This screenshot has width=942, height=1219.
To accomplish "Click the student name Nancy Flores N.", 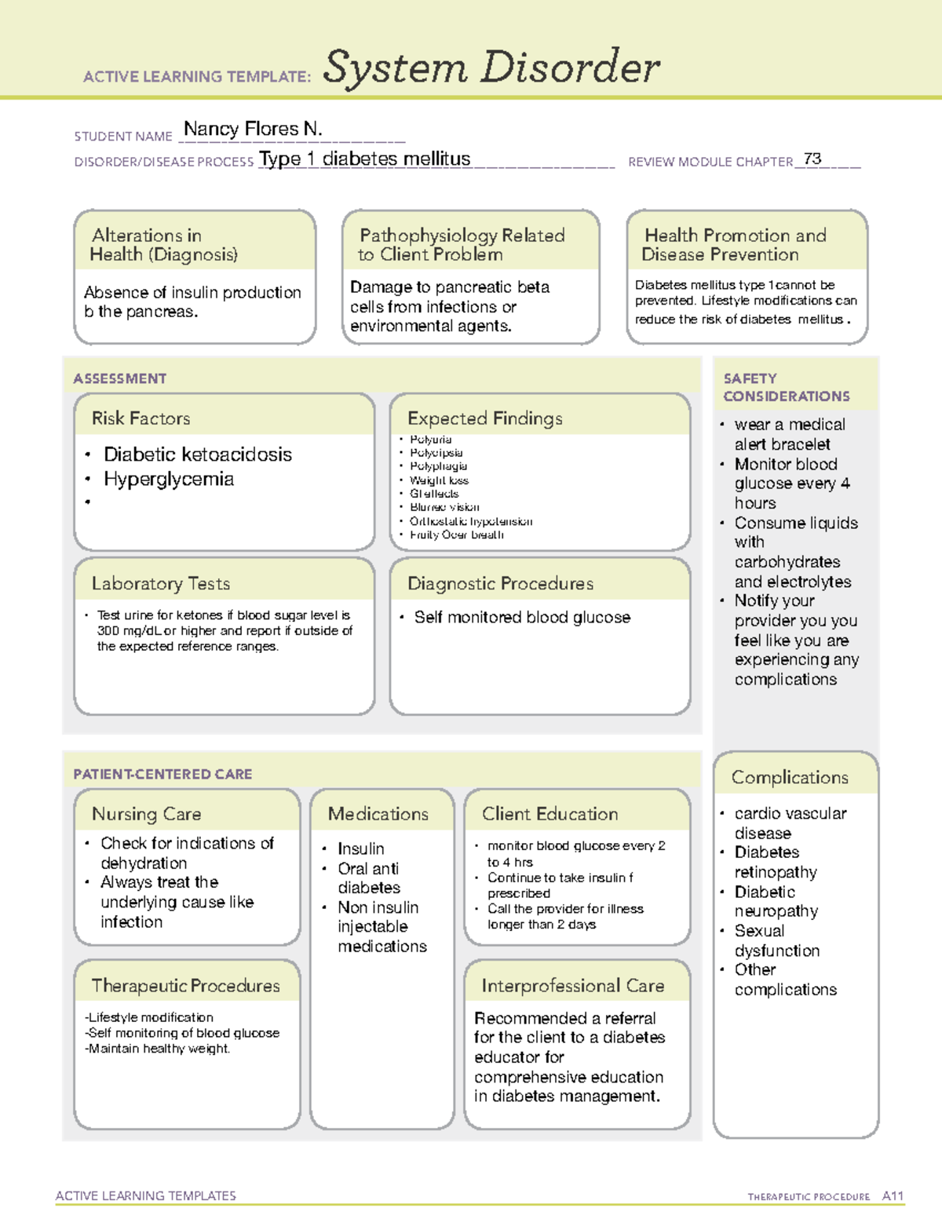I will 253,129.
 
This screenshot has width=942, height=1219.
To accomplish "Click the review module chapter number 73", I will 812,159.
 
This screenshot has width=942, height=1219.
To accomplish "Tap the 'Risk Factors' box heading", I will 141,418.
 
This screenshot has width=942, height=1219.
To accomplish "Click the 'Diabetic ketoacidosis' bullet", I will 197,454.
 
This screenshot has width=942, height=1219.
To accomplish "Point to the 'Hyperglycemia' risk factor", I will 168,479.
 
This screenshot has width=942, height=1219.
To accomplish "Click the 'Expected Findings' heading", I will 484,418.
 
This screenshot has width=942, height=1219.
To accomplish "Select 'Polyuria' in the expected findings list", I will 430,440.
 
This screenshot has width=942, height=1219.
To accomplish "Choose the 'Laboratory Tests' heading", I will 160,583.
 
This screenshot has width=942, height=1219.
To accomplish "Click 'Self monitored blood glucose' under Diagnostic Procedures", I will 522,618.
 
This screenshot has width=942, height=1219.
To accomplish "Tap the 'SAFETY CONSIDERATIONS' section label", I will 786,387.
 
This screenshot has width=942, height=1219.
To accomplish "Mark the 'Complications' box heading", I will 789,777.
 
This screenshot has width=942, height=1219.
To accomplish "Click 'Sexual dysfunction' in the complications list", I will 776,940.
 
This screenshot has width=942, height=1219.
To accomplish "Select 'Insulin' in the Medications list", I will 360,849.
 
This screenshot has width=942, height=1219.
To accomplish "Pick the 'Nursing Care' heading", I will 146,814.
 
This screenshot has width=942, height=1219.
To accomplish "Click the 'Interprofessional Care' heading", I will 572,985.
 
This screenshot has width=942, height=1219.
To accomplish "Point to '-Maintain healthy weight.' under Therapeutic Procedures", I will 158,1049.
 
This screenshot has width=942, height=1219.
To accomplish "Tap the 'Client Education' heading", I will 549,814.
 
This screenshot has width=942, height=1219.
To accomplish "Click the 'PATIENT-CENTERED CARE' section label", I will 162,774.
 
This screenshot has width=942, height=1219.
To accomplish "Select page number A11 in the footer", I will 893,1195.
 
